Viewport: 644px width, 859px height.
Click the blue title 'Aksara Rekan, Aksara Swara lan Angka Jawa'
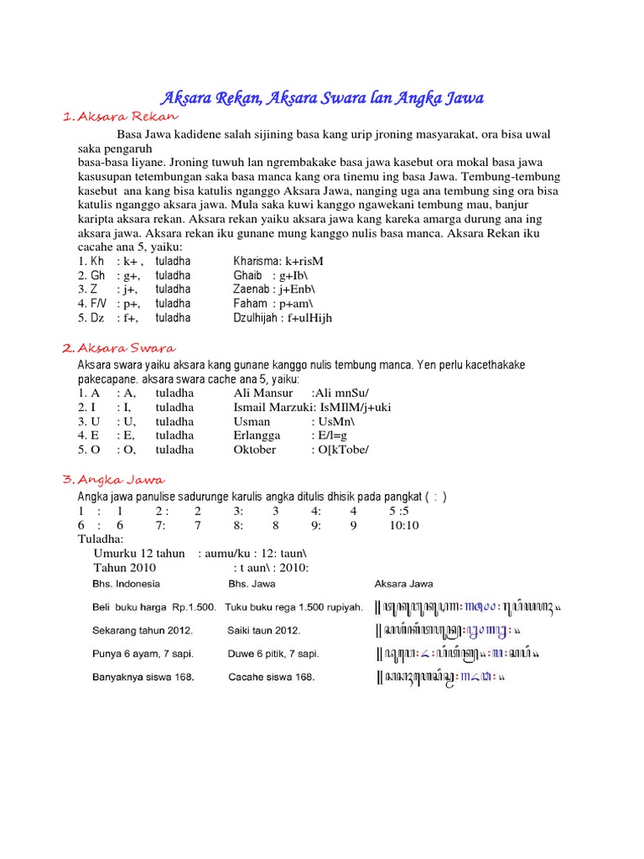coord(322,99)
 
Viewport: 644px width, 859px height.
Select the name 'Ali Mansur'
coord(263,393)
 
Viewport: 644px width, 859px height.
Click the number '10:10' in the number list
coord(404,525)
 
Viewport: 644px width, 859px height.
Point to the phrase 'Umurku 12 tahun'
coord(139,553)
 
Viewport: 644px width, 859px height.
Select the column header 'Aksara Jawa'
coord(403,584)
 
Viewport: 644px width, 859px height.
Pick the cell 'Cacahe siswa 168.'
coord(271,678)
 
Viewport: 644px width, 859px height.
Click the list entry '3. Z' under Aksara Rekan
coord(89,289)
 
